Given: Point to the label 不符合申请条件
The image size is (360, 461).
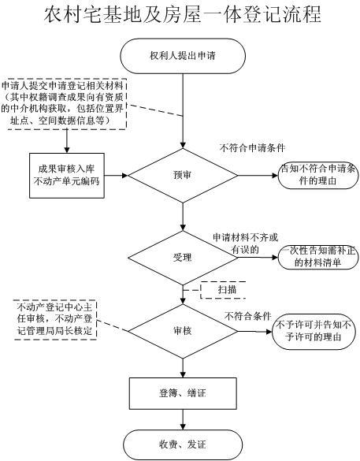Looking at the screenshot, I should tap(252, 147).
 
